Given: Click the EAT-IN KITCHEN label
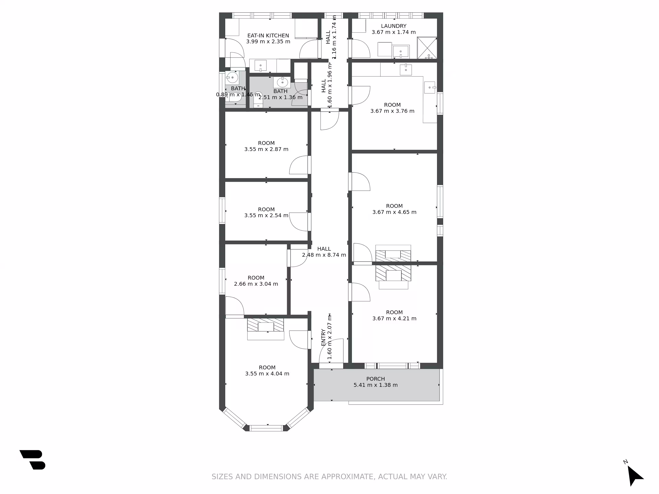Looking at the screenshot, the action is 268,36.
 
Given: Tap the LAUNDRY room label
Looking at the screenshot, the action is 394,26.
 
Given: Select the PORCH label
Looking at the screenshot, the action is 375,379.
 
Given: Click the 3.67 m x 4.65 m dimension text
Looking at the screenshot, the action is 394,212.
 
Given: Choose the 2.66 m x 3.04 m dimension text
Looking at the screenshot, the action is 256,284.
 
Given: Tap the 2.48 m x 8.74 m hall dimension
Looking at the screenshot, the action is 324,255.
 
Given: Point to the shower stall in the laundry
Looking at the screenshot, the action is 427,48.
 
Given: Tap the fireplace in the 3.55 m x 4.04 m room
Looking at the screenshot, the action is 265,329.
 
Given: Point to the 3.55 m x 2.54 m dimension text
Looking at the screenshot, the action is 266,215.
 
